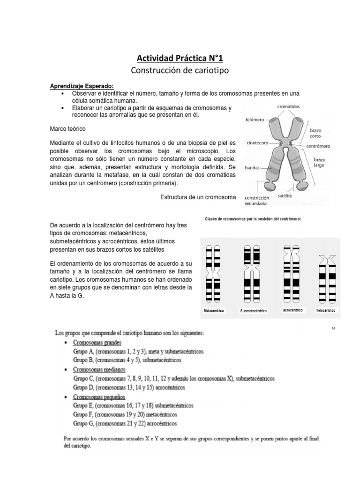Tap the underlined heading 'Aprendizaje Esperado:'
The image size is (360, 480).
coord(82,87)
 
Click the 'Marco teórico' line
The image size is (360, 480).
coord(67,128)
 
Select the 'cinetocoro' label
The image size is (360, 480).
coord(257,143)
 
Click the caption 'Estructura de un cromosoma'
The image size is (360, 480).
coord(198,197)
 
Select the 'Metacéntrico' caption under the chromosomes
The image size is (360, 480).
coord(214,311)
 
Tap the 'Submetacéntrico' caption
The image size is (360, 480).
coord(253,311)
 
